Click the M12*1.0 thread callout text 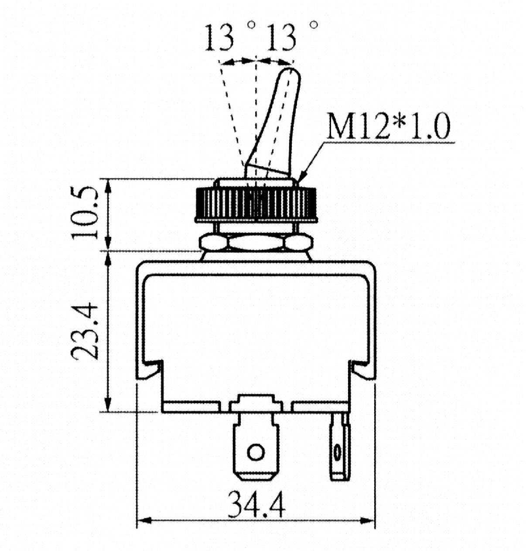click(x=389, y=126)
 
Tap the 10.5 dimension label click(x=85, y=213)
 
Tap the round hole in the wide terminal click(x=256, y=452)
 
